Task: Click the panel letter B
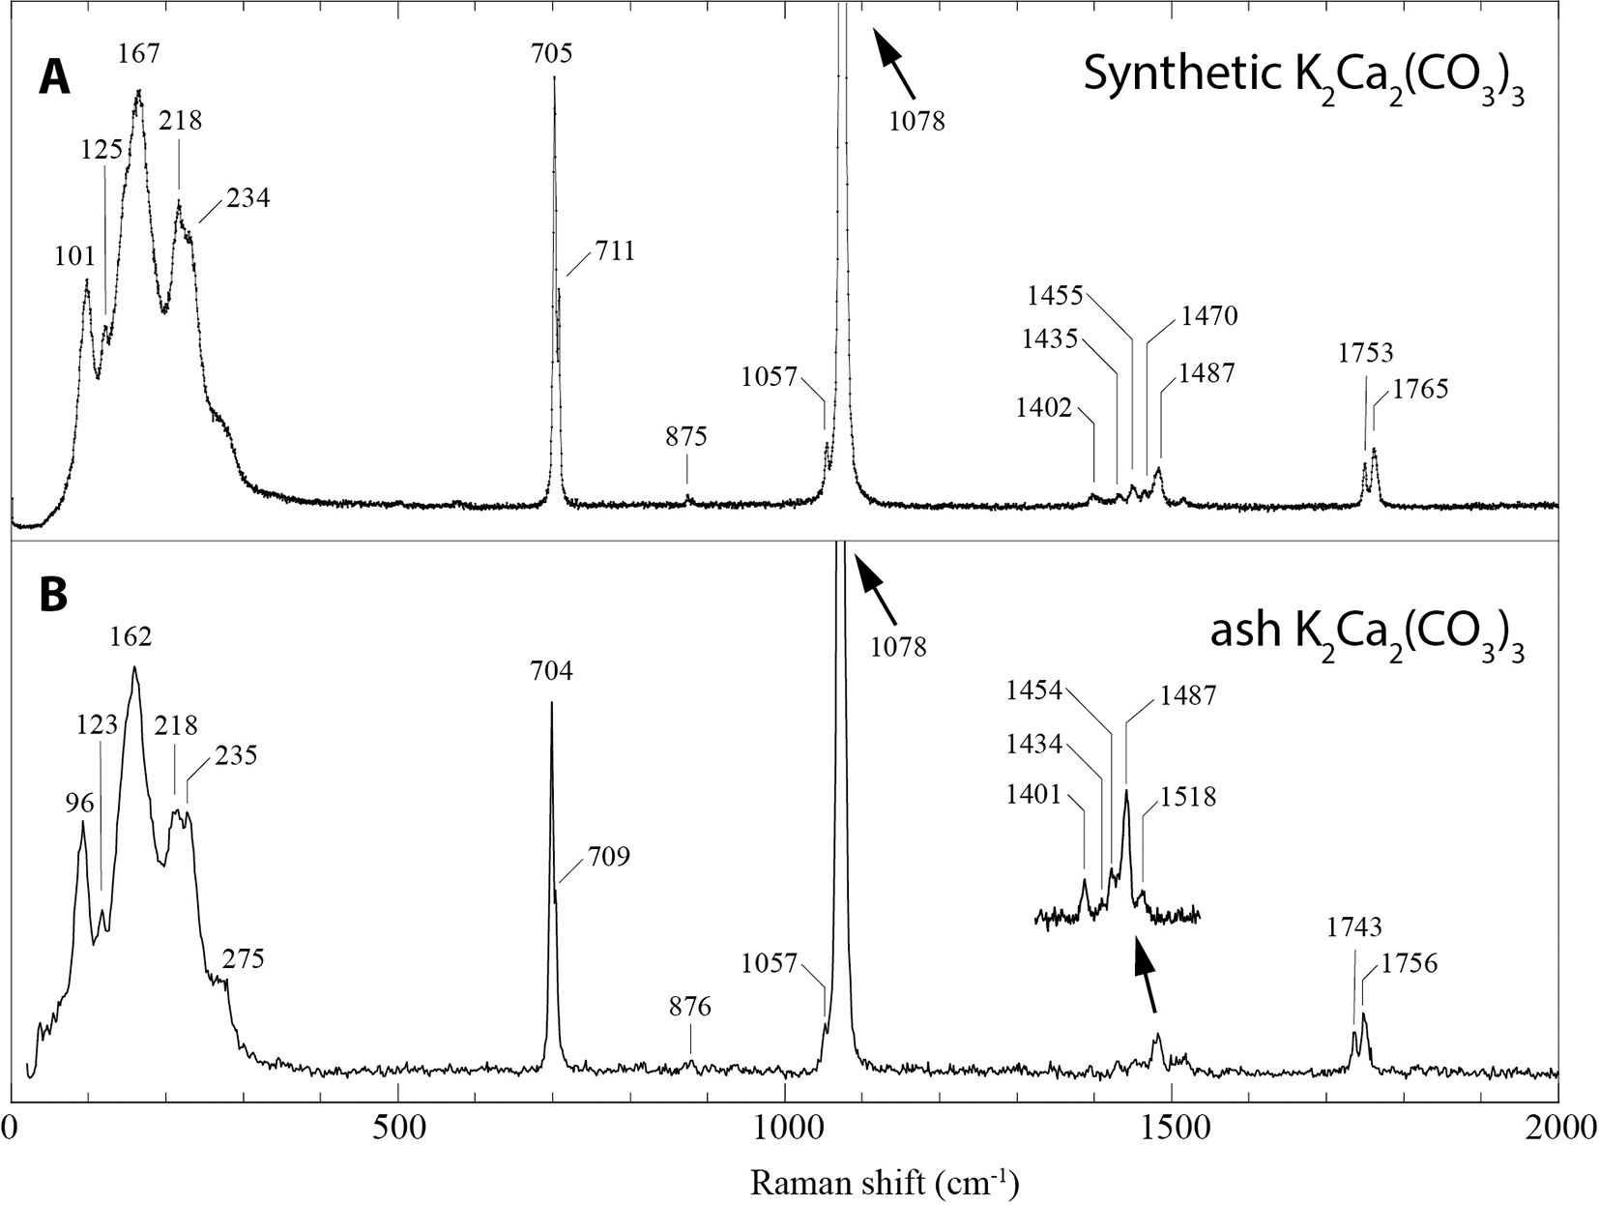coord(53,596)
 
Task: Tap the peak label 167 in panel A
coord(139,53)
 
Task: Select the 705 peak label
coord(551,52)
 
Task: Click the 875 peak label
coord(686,436)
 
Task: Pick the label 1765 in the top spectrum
coord(1420,390)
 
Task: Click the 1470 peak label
coord(1208,315)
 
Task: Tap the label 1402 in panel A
coord(1044,408)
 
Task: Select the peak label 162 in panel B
coord(131,636)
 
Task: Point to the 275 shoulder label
coord(243,959)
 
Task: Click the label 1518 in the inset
coord(1188,798)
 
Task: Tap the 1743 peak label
coord(1353,927)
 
